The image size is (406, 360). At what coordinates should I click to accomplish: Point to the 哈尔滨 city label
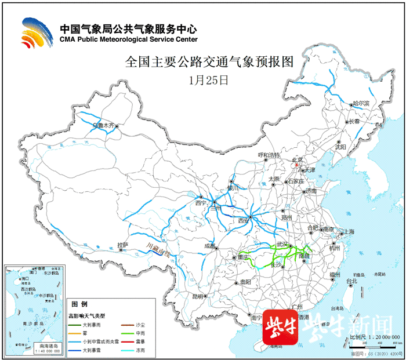[x=365, y=103]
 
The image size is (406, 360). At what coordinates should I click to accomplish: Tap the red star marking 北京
[x=296, y=165]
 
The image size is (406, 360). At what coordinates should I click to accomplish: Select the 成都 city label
[x=209, y=246]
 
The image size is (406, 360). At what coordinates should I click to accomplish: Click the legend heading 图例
[x=79, y=304]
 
